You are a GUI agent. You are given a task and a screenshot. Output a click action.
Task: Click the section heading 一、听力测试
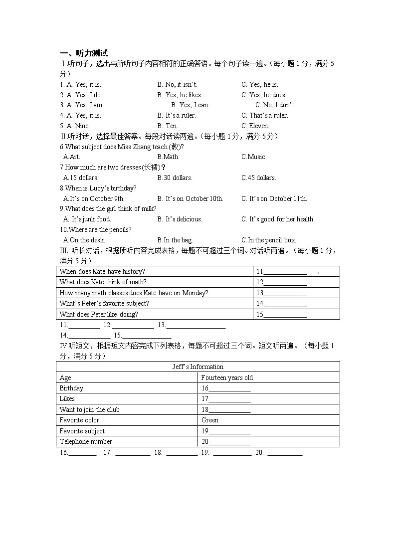click(x=83, y=53)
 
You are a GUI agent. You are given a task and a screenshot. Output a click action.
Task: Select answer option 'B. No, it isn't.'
click(x=177, y=84)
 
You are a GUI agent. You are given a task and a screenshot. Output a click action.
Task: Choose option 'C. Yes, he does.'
click(x=264, y=95)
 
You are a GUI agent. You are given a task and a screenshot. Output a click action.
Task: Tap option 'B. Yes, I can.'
click(x=190, y=105)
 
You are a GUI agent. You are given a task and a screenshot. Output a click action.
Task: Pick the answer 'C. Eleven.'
click(x=255, y=126)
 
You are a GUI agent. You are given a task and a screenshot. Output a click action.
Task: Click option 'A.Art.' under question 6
click(x=72, y=157)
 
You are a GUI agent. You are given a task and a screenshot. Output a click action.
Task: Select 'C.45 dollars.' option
click(x=258, y=178)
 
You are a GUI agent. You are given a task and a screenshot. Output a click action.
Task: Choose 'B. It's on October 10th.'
click(x=190, y=198)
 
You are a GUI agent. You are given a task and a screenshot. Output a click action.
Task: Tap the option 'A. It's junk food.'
click(x=87, y=219)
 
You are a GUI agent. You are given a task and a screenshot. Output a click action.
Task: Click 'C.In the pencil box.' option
click(x=268, y=240)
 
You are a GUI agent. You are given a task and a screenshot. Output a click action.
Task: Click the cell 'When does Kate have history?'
click(x=102, y=271)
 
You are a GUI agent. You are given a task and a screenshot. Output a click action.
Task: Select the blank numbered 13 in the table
click(x=282, y=293)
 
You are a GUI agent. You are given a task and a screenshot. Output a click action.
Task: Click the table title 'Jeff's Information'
click(x=198, y=367)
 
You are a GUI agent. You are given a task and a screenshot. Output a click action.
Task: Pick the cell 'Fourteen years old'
click(x=227, y=377)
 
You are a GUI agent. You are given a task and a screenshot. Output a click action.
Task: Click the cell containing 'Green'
click(x=210, y=420)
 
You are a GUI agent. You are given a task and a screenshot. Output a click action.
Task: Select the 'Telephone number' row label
click(x=86, y=441)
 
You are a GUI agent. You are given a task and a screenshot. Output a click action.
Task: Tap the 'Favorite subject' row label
click(x=82, y=431)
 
